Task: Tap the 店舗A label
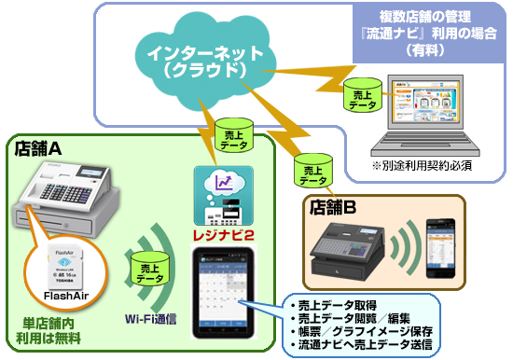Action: click(39, 148)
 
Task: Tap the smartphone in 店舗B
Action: click(440, 246)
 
